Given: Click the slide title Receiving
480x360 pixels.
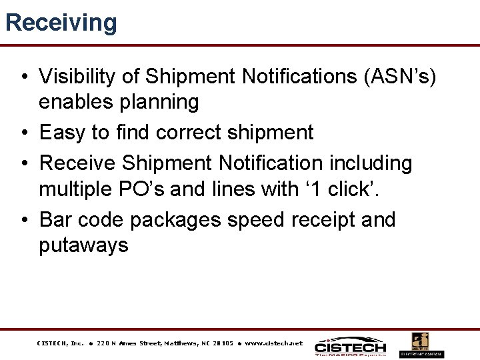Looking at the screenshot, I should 61,22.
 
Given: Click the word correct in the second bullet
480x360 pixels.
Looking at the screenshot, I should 193,133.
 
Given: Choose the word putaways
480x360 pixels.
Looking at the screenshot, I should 83,245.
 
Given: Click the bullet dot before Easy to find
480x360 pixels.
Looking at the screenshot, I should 23,133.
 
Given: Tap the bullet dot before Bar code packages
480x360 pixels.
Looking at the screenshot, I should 23,220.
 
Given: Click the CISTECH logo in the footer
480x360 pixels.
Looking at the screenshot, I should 350,346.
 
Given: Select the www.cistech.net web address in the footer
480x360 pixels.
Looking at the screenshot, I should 273,344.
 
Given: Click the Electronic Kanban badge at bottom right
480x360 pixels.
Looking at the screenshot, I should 421,345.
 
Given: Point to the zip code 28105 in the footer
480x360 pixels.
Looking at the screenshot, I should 223,344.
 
